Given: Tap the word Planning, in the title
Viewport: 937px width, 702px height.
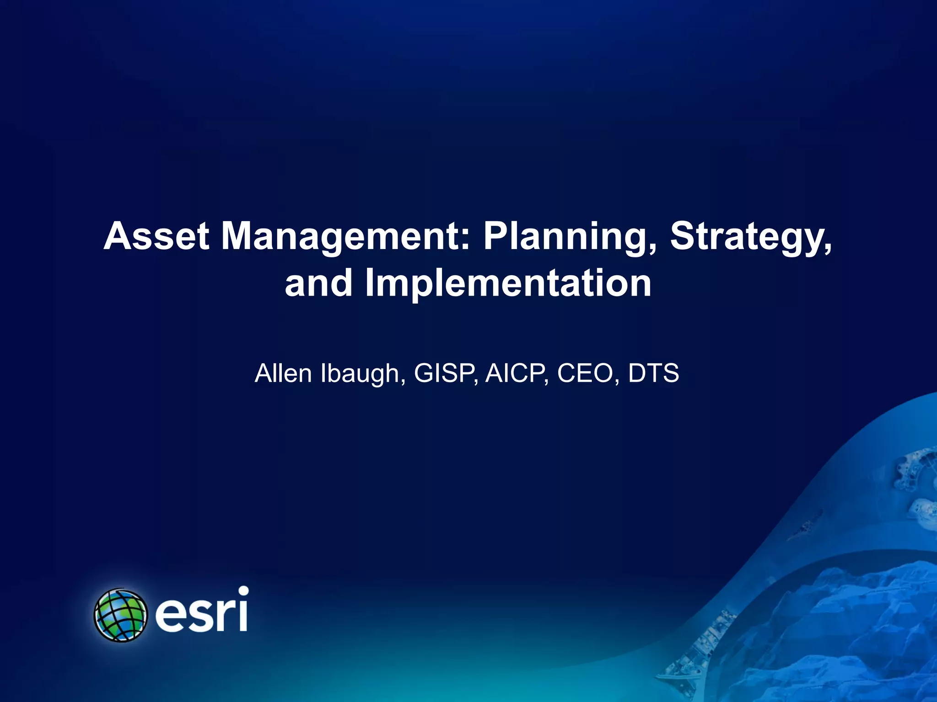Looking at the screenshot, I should pyautogui.click(x=570, y=236).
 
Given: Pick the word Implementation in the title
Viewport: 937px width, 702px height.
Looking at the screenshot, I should pyautogui.click(x=508, y=283).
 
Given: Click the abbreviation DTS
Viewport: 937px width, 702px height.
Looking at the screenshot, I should pyautogui.click(x=653, y=373).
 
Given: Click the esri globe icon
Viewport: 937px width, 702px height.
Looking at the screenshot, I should pyautogui.click(x=120, y=615).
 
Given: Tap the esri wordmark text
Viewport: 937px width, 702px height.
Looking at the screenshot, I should pyautogui.click(x=202, y=612).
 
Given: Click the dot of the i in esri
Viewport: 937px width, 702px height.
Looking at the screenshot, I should pyautogui.click(x=243, y=591).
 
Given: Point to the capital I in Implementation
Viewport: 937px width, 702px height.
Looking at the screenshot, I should pyautogui.click(x=370, y=283).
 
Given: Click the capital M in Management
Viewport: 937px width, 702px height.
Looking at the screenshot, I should pyautogui.click(x=241, y=236).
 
